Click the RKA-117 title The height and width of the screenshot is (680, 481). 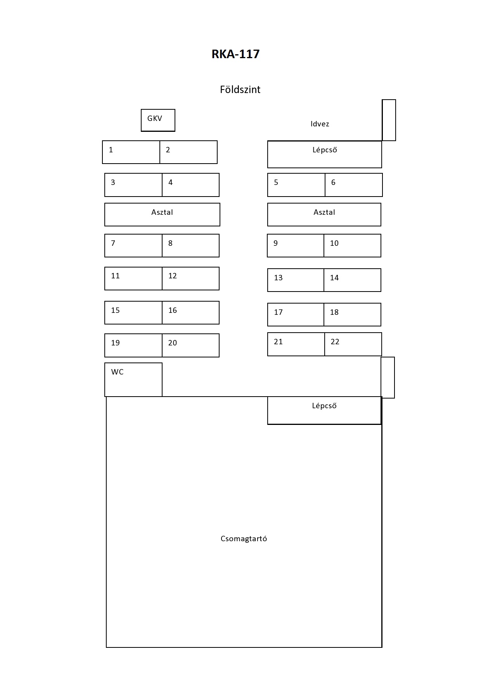pos(235,54)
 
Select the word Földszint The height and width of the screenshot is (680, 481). pos(240,90)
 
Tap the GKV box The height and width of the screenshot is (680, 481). pos(158,120)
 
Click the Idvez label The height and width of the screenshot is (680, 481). pos(320,124)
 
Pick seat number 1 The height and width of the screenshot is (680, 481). pos(131,152)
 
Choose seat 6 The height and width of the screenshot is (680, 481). pos(354,185)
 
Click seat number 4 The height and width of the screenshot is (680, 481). pos(190,185)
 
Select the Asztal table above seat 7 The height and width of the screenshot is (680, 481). pos(162,214)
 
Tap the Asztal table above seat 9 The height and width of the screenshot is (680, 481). pos(324,214)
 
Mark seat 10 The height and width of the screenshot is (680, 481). pos(352,245)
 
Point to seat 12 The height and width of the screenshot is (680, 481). pos(190,278)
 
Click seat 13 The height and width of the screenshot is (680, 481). pos(296,280)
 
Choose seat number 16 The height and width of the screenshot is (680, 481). pos(190,312)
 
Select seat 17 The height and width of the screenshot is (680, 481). pos(296,314)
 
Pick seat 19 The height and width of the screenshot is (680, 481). pos(133,345)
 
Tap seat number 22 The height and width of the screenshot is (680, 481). pos(353,344)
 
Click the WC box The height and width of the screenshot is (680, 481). pos(133,380)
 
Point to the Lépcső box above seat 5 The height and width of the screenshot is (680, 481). pos(325,154)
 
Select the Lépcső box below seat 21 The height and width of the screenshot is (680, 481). pos(324,411)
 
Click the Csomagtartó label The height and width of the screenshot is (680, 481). pos(244,539)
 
